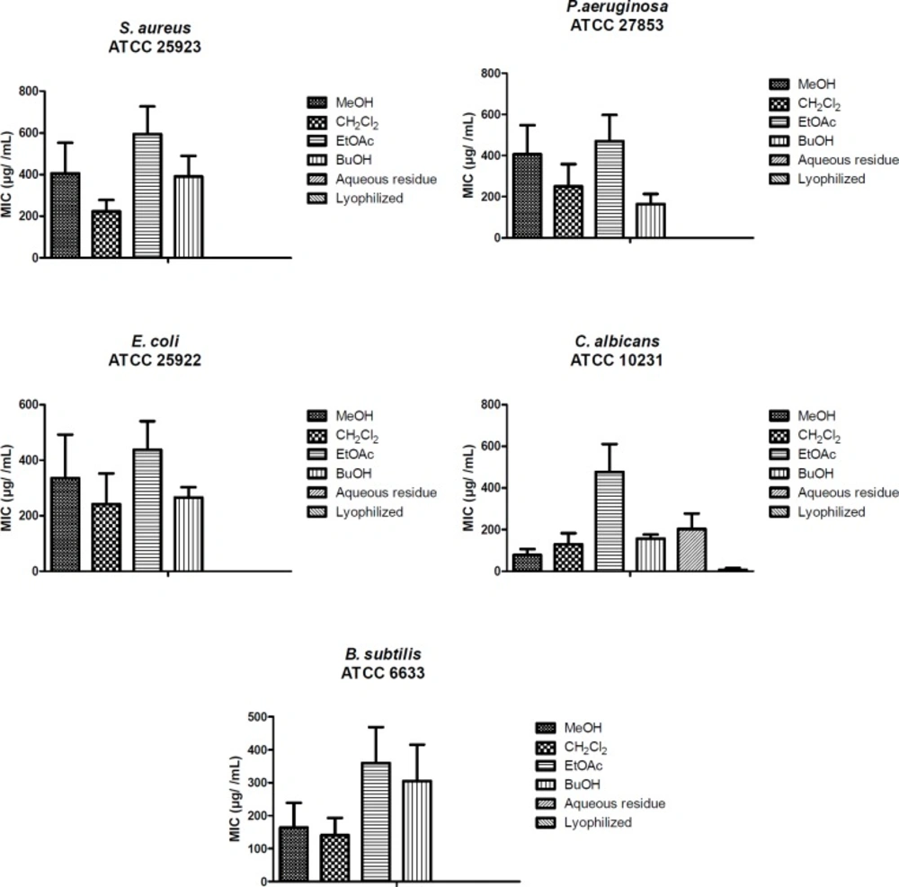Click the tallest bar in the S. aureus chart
pos(147,196)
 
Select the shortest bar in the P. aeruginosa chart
pos(652,220)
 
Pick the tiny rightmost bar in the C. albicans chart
pos(733,569)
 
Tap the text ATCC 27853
pos(617,26)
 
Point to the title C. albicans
pos(617,341)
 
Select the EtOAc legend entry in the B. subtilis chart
pos(583,766)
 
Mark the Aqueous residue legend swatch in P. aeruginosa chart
pos(779,160)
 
